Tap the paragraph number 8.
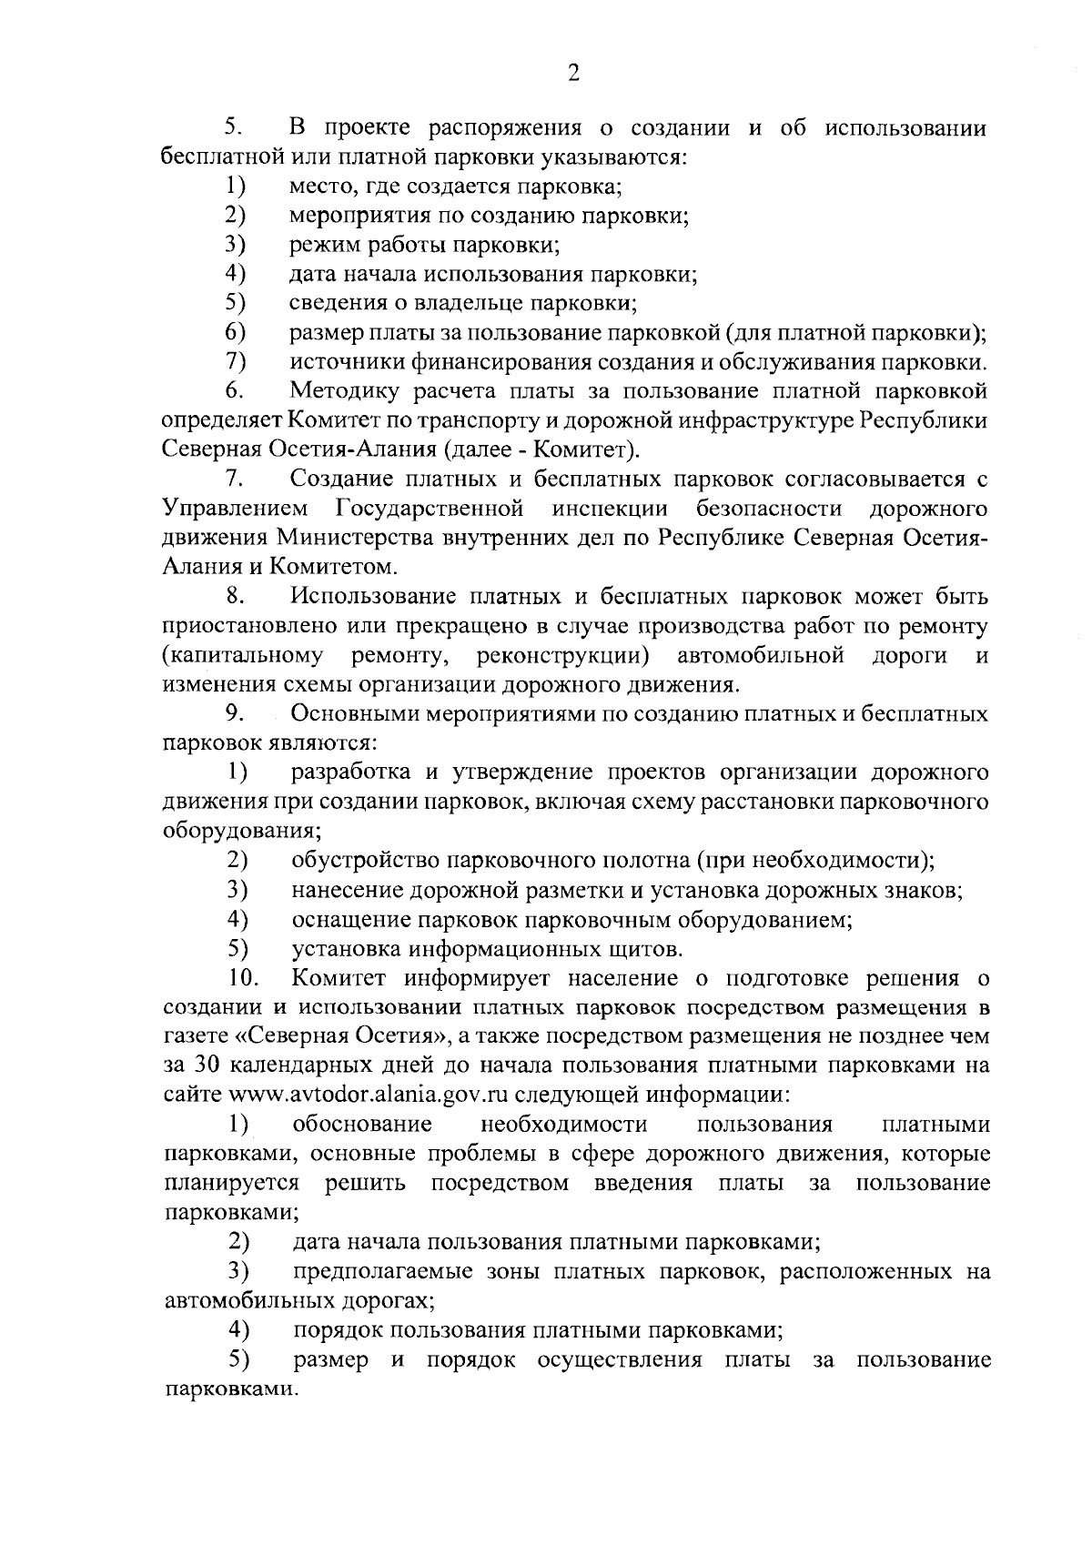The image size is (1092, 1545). pos(236,597)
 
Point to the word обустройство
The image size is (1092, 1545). pos(369,860)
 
